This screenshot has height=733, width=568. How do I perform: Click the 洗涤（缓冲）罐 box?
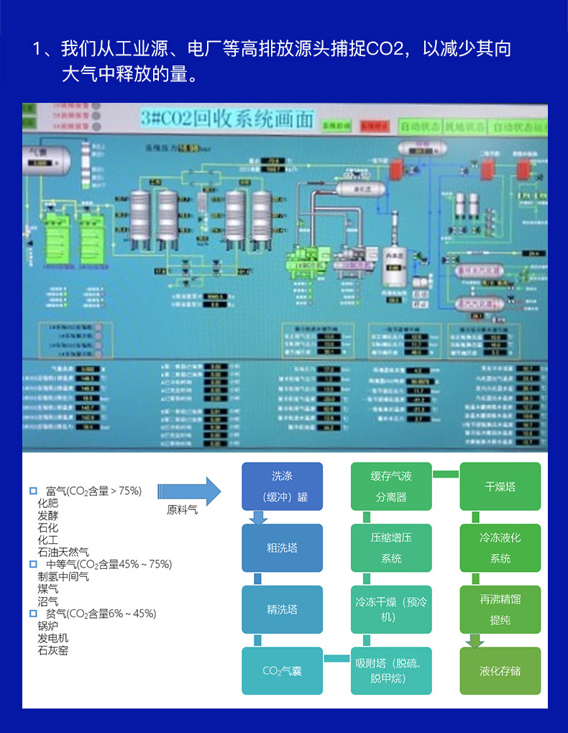click(282, 486)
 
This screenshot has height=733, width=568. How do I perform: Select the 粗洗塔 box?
click(282, 547)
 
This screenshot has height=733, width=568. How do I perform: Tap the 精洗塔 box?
click(282, 609)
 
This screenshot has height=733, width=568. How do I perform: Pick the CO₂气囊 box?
click(282, 670)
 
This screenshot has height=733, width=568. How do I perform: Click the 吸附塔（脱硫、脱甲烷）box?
click(391, 670)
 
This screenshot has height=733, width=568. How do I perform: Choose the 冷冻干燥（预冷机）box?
click(391, 609)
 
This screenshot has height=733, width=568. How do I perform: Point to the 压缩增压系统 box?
click(391, 547)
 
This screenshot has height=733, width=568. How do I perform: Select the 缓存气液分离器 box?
click(391, 486)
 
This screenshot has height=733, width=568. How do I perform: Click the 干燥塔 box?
click(500, 486)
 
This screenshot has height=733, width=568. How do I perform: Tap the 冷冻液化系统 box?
click(500, 547)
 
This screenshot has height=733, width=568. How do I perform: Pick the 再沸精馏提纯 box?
click(500, 609)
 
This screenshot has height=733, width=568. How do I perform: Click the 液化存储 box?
click(500, 670)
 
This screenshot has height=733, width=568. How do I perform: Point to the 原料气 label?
click(181, 510)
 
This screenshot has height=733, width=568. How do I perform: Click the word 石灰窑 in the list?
click(53, 650)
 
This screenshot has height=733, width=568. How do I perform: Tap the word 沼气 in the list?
click(48, 601)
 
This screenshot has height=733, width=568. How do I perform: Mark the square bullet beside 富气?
click(33, 491)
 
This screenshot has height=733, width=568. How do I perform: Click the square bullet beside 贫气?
click(33, 614)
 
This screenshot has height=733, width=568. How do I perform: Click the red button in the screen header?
click(375, 126)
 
